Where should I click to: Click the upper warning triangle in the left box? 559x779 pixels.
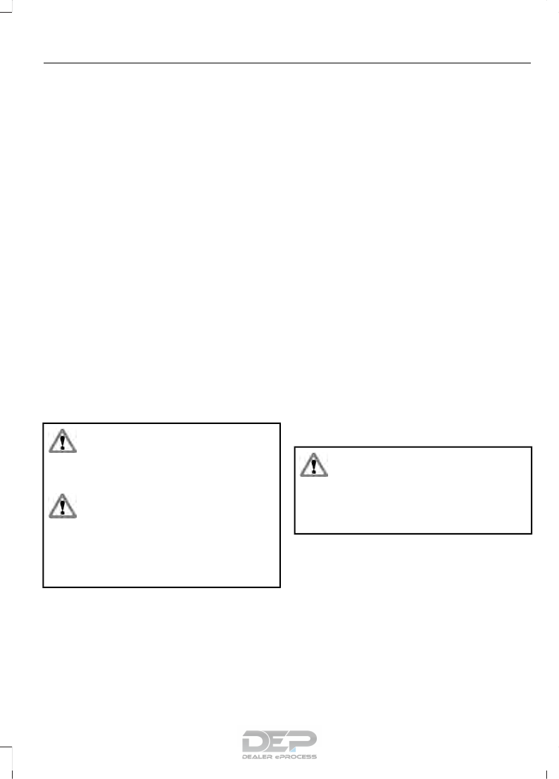pyautogui.click(x=63, y=441)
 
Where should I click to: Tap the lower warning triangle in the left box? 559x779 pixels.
pyautogui.click(x=63, y=506)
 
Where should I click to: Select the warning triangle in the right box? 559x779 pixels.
pyautogui.click(x=314, y=465)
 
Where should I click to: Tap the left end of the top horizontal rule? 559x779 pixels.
pyautogui.click(x=44, y=63)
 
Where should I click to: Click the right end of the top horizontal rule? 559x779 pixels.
pyautogui.click(x=530, y=63)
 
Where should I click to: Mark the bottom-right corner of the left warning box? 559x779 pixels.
pyautogui.click(x=279, y=586)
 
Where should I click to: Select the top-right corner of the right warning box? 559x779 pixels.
pyautogui.click(x=530, y=447)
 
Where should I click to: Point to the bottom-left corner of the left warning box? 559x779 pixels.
pyautogui.click(x=44, y=586)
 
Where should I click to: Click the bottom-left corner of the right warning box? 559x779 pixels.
pyautogui.click(x=294, y=533)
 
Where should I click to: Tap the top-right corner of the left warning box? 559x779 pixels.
pyautogui.click(x=279, y=423)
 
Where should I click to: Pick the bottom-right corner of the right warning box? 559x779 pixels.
pyautogui.click(x=530, y=533)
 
